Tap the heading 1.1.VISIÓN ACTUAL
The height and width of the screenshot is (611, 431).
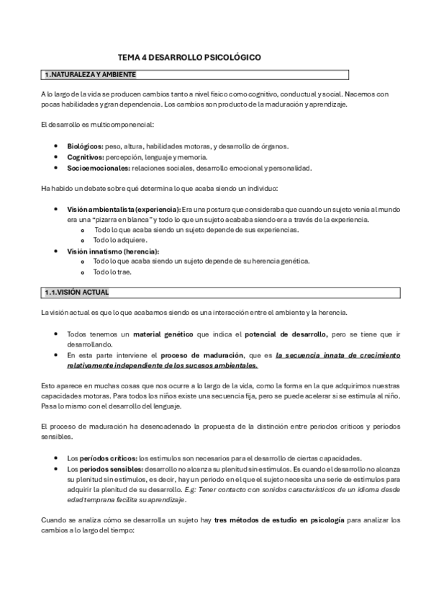[76, 293]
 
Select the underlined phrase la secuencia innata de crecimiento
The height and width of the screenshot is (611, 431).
[332, 355]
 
